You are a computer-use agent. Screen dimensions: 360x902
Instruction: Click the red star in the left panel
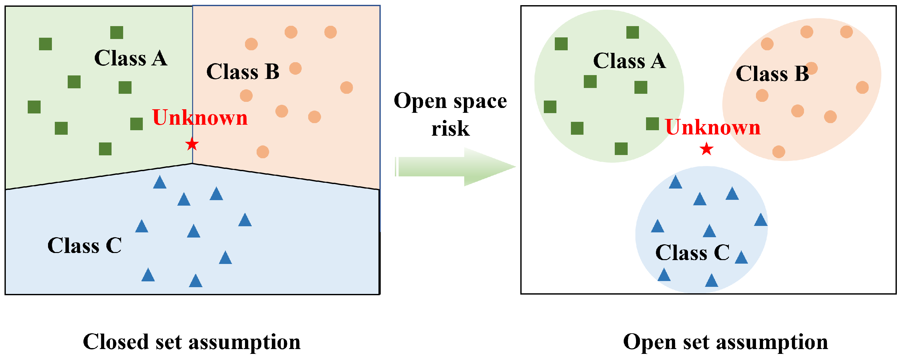click(x=192, y=144)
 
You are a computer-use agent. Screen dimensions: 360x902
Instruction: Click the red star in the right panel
click(x=707, y=149)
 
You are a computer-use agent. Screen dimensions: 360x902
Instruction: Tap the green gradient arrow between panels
click(x=455, y=167)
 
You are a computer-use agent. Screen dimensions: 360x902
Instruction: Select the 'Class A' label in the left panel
click(x=131, y=58)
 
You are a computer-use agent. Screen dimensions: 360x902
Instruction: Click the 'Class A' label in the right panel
click(x=629, y=61)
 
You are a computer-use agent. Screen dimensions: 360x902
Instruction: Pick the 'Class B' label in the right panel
click(x=772, y=73)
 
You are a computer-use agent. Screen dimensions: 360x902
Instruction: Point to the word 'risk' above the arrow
click(x=450, y=129)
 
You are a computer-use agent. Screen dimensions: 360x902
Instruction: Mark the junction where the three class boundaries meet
click(x=192, y=163)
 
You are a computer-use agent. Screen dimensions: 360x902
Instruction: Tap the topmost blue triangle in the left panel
click(x=160, y=182)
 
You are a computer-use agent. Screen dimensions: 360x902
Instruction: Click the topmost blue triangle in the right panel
click(x=675, y=182)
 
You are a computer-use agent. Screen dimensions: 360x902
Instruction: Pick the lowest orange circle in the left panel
click(x=263, y=152)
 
